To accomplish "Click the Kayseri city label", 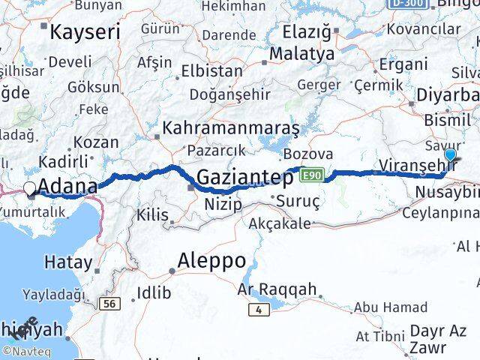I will point(84,32).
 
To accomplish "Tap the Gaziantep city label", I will point(244,178).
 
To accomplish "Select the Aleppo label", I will point(211,261).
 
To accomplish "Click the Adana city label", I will point(67,186).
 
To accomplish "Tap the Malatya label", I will point(301,54).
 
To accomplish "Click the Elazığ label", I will point(307,32).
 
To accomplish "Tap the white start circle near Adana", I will point(30,189).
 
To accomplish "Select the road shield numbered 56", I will point(109,303).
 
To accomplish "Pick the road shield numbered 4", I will point(259,308).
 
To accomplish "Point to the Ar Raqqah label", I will point(277,289).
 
